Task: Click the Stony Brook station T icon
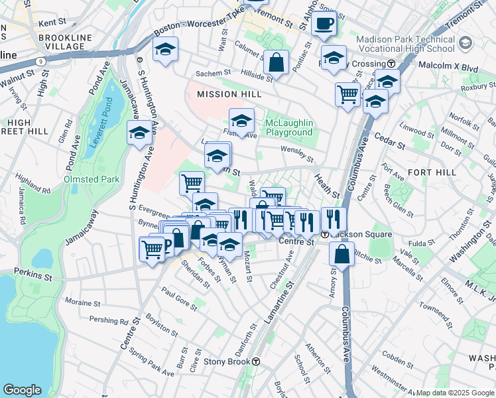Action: pyautogui.click(x=256, y=362)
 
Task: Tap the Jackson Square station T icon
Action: pyautogui.click(x=325, y=235)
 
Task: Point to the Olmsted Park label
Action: pyautogui.click(x=92, y=179)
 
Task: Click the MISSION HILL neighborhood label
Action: pyautogui.click(x=226, y=95)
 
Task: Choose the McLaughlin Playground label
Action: pyautogui.click(x=288, y=127)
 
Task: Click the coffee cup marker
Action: pyautogui.click(x=324, y=25)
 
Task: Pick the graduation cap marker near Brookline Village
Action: pyautogui.click(x=165, y=49)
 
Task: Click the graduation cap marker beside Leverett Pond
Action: pyautogui.click(x=140, y=133)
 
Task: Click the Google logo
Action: pyautogui.click(x=23, y=389)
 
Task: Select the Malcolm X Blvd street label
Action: pyautogui.click(x=448, y=66)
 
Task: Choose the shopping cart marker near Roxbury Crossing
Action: pyautogui.click(x=347, y=94)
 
